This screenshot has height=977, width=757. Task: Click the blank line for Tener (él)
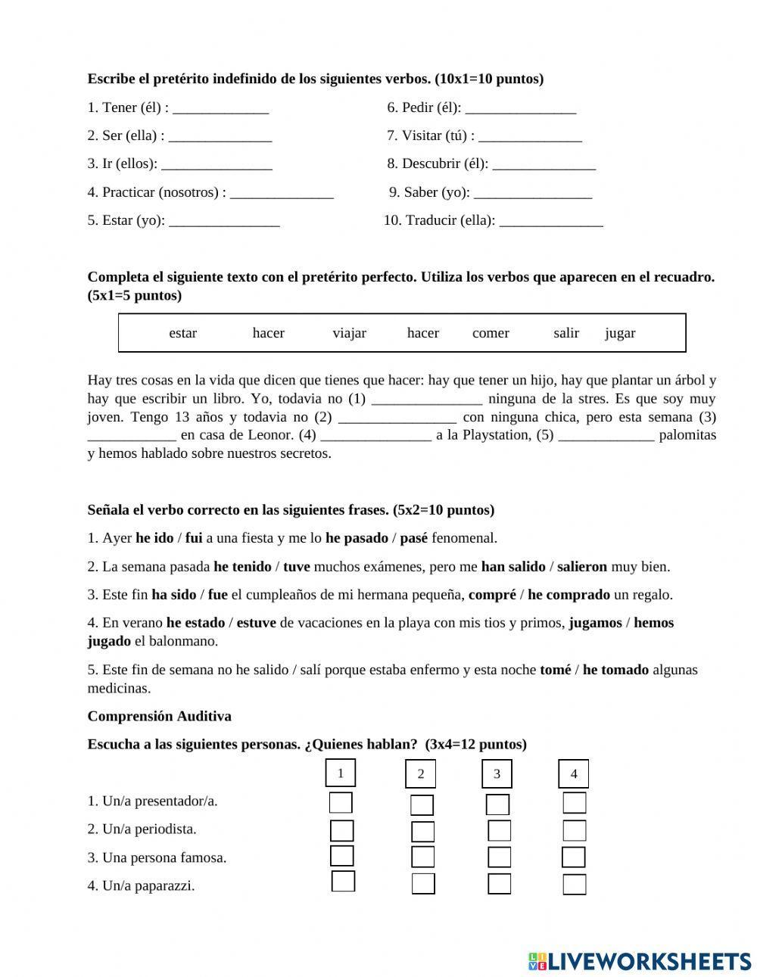coord(220,108)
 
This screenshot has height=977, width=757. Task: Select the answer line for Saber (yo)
coord(532,193)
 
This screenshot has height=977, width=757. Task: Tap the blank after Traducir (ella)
coord(551,221)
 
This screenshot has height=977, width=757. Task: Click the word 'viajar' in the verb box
coord(349,333)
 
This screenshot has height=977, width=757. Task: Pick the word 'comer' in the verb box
coord(491,333)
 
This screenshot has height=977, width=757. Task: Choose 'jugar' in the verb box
coord(620,333)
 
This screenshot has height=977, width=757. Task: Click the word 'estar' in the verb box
coord(182,333)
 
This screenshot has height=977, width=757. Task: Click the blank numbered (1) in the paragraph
coord(427,399)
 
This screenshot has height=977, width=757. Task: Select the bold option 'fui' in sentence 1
coord(194,538)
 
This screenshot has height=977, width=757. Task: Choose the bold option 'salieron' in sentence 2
coord(582,566)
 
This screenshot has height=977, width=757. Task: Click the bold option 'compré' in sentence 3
coord(492,595)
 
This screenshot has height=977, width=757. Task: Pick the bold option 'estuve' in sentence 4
coord(256,623)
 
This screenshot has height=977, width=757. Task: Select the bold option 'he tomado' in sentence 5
coord(615,670)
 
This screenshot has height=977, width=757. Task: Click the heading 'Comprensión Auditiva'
coord(160,716)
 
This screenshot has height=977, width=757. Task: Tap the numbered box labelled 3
coord(497,773)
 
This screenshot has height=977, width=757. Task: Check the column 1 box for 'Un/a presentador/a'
coord(341,802)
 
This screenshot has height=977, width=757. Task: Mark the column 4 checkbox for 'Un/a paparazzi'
coord(575,884)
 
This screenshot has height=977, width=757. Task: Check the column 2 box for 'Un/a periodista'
coord(422,832)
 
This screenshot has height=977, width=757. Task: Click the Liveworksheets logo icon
coord(537,961)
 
